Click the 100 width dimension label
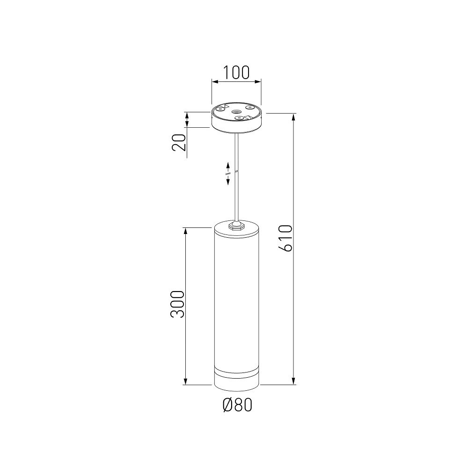click(236, 72)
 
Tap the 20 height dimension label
click(179, 142)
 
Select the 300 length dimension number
click(177, 304)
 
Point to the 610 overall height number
click(285, 239)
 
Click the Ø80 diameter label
click(238, 405)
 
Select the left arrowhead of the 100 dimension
click(215, 81)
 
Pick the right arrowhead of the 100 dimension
click(258, 81)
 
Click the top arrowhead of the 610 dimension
click(294, 117)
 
